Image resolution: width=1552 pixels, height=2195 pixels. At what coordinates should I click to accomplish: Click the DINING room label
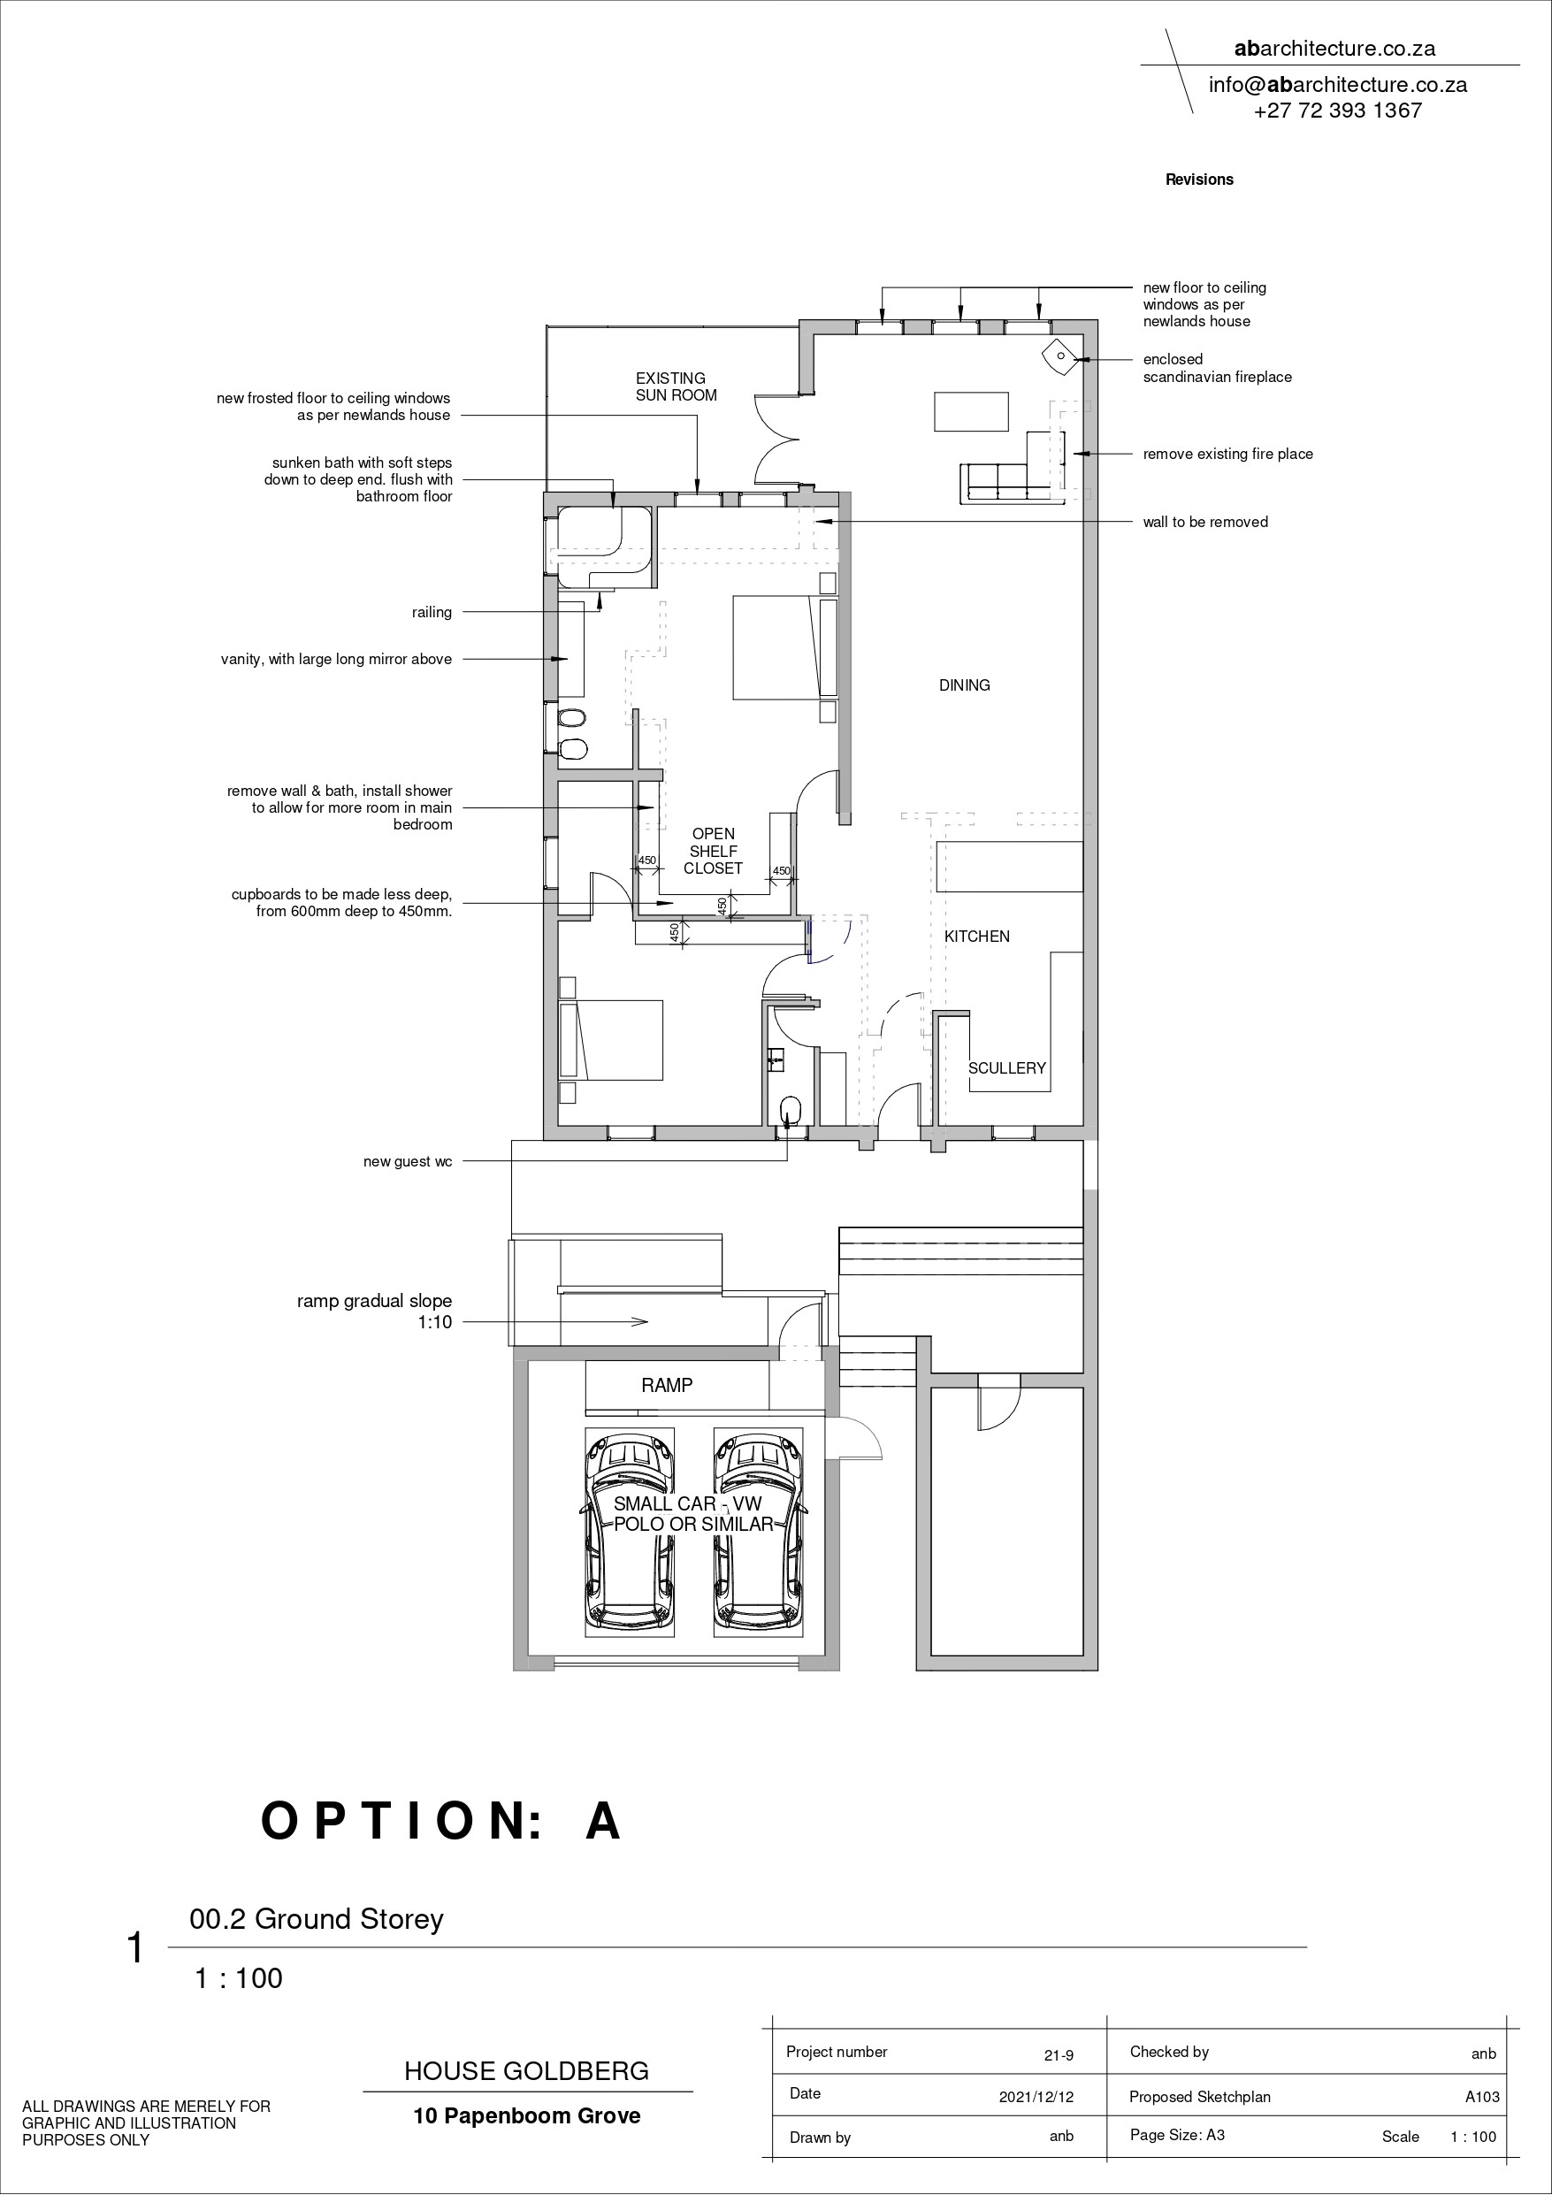[964, 685]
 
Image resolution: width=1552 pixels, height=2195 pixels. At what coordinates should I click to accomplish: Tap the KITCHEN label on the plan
[976, 936]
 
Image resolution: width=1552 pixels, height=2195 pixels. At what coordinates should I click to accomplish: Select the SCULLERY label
[1007, 1067]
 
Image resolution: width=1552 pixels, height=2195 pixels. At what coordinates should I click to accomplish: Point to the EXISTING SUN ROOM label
[677, 386]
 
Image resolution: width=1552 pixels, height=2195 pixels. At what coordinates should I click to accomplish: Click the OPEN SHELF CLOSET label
[714, 851]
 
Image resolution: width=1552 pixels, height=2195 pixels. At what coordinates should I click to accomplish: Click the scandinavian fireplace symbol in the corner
[1060, 356]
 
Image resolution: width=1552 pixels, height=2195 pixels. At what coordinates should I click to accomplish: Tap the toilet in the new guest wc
[791, 1110]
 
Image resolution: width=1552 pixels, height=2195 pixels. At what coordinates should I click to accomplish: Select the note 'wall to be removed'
[1204, 522]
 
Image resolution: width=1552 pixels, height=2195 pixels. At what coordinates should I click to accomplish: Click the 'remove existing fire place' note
[1227, 454]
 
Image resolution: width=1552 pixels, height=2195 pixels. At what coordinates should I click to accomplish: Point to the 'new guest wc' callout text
[408, 1161]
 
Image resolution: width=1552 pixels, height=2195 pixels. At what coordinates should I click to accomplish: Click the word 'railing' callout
[432, 612]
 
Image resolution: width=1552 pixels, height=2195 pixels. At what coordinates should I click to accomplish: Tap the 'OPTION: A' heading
[443, 1820]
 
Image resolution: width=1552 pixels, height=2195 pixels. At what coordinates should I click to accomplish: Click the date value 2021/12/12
[1036, 2097]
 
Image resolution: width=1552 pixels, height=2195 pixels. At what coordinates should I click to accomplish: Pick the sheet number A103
[1482, 2097]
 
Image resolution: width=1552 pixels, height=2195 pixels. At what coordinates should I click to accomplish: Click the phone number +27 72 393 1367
[1338, 110]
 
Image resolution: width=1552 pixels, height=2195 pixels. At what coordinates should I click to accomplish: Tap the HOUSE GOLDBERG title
[527, 2070]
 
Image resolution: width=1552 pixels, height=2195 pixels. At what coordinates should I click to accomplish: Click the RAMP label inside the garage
[667, 1385]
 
